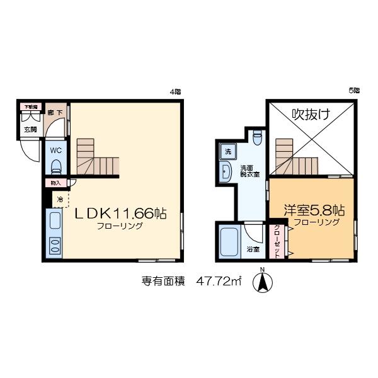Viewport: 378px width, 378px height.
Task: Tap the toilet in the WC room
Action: click(55, 166)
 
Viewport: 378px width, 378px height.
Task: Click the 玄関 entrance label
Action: click(30, 129)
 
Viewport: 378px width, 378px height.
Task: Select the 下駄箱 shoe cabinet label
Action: click(30, 107)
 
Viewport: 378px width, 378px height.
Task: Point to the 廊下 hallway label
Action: click(55, 113)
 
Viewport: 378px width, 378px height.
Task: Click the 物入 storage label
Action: click(55, 183)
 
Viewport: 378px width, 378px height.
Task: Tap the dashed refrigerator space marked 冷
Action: click(60, 200)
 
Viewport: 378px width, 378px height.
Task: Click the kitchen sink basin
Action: click(54, 221)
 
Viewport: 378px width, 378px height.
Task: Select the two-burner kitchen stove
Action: click(54, 245)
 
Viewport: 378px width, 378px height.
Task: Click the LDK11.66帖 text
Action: click(121, 214)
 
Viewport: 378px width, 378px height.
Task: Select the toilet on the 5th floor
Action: click(256, 136)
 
